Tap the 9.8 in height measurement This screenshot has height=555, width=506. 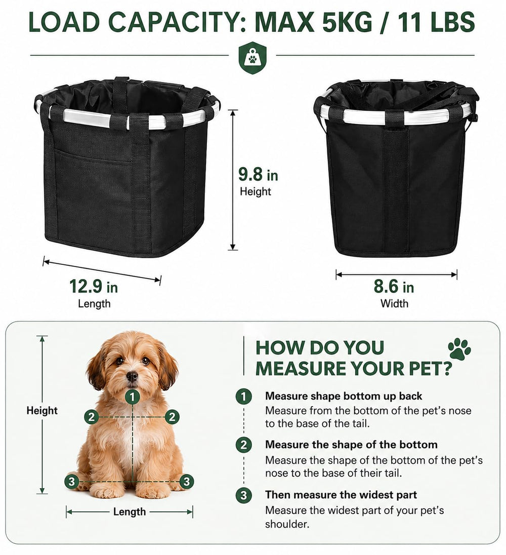pos(258,175)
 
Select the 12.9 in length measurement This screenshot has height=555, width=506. pos(94,286)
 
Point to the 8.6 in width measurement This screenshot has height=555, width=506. pos(394,286)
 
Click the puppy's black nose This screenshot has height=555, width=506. pos(132,376)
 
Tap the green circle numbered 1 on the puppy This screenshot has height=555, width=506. pos(133,398)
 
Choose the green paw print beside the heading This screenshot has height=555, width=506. pos(459,349)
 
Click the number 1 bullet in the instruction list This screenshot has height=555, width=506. pos(243,396)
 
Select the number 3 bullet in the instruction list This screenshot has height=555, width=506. pos(243,495)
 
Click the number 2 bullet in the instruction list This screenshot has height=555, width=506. pos(243,445)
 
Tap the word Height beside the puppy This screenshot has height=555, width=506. pos(41,411)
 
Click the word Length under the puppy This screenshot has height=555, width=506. pos(130,512)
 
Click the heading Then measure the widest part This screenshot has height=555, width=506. pos(341,495)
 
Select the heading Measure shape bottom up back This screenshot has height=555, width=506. pos(344,396)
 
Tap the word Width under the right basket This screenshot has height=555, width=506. pos(394,303)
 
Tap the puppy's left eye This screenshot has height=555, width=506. pos(119,361)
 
